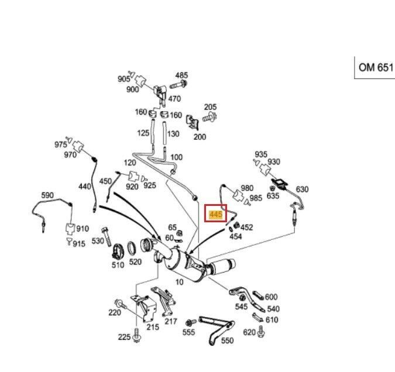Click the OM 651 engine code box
pyautogui.click(x=376, y=67)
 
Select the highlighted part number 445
pyautogui.click(x=215, y=215)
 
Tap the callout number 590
pyautogui.click(x=47, y=195)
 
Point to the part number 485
pyautogui.click(x=181, y=75)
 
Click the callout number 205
pyautogui.click(x=210, y=107)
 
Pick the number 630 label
pyautogui.click(x=302, y=189)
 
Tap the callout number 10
pyautogui.click(x=179, y=282)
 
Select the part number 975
pyautogui.click(x=61, y=144)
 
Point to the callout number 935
pyautogui.click(x=261, y=154)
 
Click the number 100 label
pyautogui.click(x=176, y=157)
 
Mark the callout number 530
pyautogui.click(x=97, y=241)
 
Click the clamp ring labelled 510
pyautogui.click(x=118, y=250)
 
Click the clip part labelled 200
pyautogui.click(x=193, y=122)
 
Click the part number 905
pyautogui.click(x=123, y=79)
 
